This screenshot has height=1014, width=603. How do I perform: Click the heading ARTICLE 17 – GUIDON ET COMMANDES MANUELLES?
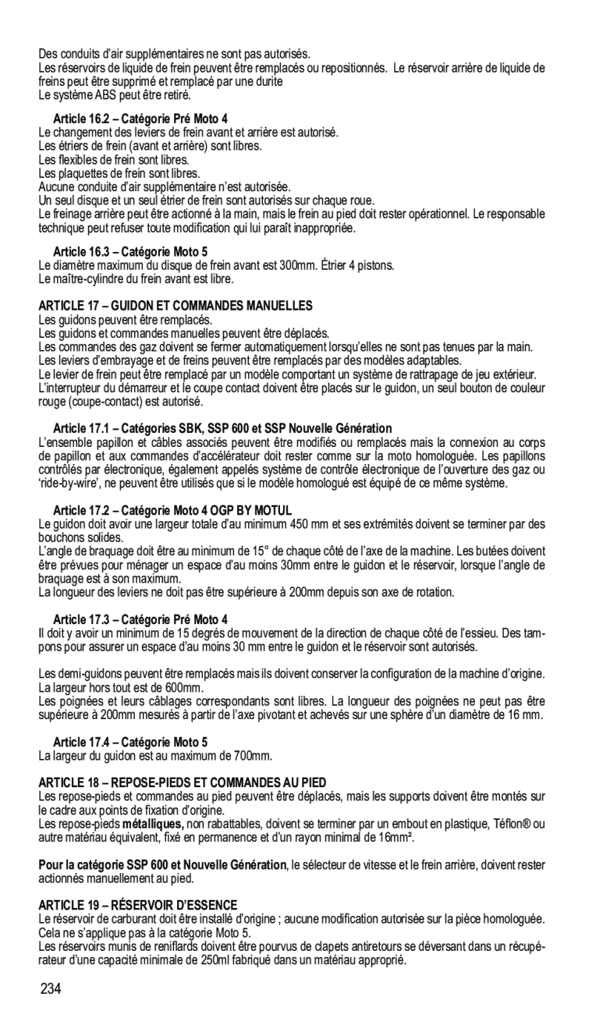pos(176,305)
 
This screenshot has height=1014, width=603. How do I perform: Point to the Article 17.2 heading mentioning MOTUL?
pos(172,509)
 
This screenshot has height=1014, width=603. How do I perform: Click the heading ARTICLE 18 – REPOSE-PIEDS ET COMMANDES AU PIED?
pos(183,782)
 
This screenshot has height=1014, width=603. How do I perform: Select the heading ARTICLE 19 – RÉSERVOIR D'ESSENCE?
pos(138,905)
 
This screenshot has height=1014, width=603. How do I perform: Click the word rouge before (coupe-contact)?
pos(51,402)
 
